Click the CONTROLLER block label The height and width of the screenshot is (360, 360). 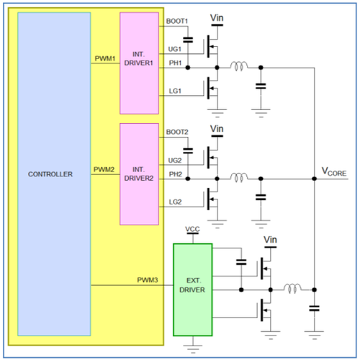click(50, 174)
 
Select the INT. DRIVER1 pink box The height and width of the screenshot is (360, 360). click(139, 63)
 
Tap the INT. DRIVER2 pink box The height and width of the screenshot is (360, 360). click(139, 174)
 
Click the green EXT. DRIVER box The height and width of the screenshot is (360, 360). click(193, 289)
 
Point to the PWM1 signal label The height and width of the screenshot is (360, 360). click(105, 58)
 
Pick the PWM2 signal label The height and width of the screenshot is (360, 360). click(104, 169)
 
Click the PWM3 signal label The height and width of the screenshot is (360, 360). click(148, 280)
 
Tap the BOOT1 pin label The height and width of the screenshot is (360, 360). click(177, 21)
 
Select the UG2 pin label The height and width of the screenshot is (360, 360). click(175, 161)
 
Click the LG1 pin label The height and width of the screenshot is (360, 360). click(175, 91)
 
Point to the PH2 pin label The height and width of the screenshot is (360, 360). click(176, 174)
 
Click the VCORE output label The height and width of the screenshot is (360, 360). click(334, 172)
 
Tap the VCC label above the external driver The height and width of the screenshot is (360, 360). click(192, 229)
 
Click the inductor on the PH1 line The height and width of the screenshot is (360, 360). click(239, 66)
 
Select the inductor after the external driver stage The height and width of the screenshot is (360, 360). click(292, 288)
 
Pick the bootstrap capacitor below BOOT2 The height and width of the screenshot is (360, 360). click(188, 151)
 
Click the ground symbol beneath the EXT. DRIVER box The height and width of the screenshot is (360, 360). click(193, 349)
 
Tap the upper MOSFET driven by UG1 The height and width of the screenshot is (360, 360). click(212, 46)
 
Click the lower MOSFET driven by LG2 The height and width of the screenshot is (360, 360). click(212, 199)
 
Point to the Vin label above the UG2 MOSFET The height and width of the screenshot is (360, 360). click(217, 129)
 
